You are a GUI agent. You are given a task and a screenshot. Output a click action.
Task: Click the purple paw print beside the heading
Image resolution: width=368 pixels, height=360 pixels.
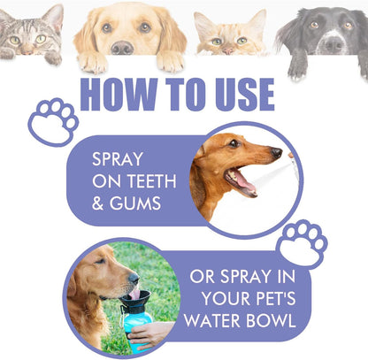tap(52, 120)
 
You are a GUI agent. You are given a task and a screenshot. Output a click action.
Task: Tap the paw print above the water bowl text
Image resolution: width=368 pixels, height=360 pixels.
tap(302, 242)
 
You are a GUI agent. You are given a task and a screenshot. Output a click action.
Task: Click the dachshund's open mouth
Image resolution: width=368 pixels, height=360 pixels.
tap(240, 180)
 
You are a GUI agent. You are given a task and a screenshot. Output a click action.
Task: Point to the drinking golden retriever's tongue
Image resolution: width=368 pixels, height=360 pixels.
tap(134, 293)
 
